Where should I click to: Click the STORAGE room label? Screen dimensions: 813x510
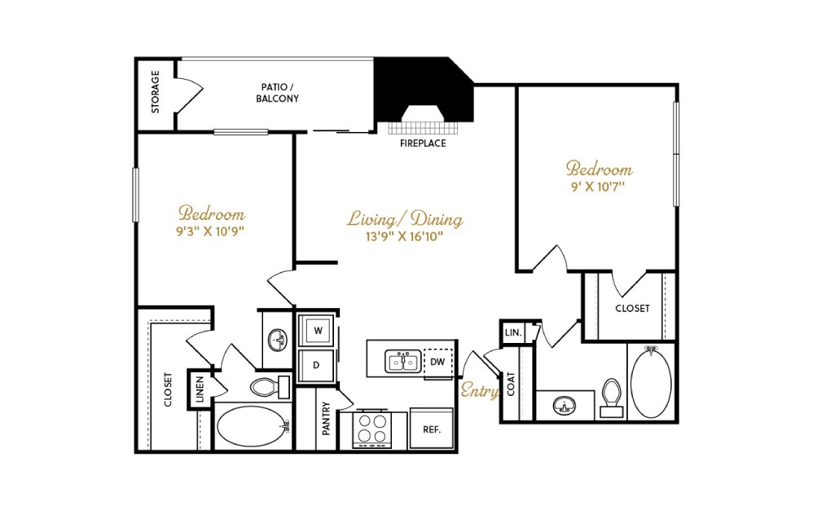[x=155, y=92]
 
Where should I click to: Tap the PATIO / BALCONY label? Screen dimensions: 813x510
[x=278, y=93]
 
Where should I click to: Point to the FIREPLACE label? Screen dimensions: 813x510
[x=423, y=143]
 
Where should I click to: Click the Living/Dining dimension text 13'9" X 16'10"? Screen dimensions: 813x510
[x=404, y=237]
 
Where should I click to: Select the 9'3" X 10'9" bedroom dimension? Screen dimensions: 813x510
[x=210, y=231]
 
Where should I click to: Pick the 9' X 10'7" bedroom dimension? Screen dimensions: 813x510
[x=598, y=186]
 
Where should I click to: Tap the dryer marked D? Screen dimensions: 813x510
[x=316, y=366]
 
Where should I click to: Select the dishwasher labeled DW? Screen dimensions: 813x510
[x=438, y=362]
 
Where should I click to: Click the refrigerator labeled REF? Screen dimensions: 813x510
[x=432, y=429]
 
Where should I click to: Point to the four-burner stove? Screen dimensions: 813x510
[x=373, y=429]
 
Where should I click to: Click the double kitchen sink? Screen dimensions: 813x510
[x=403, y=361]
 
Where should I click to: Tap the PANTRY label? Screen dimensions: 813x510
[x=326, y=419]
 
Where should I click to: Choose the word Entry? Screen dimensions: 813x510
[x=480, y=390]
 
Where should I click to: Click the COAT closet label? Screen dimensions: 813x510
[x=512, y=384]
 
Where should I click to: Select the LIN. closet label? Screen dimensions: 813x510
[x=513, y=332]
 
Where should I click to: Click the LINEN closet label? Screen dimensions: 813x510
[x=200, y=389]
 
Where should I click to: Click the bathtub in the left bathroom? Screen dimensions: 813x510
[x=251, y=426]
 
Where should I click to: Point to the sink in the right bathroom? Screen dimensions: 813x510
[x=564, y=405]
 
